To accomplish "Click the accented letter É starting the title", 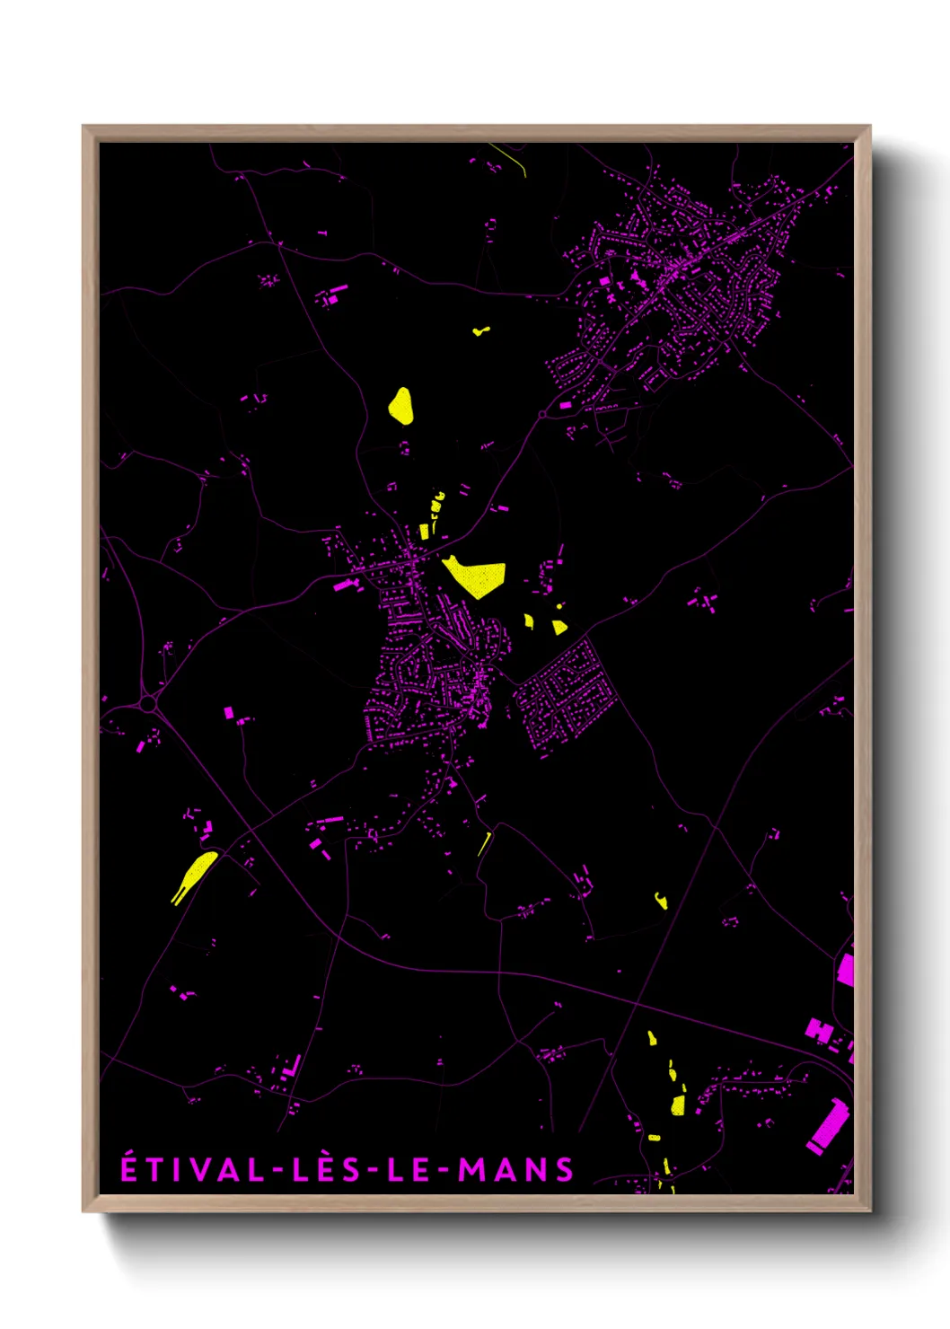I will (129, 1169).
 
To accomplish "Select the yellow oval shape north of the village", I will (401, 406).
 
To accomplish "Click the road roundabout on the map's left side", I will (147, 704).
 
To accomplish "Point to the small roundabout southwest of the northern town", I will (543, 414).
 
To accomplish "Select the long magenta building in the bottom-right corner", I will (827, 1125).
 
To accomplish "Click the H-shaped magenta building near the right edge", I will (819, 1030).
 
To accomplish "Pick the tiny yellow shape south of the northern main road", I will (481, 330).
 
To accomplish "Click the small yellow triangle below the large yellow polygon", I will (559, 628).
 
